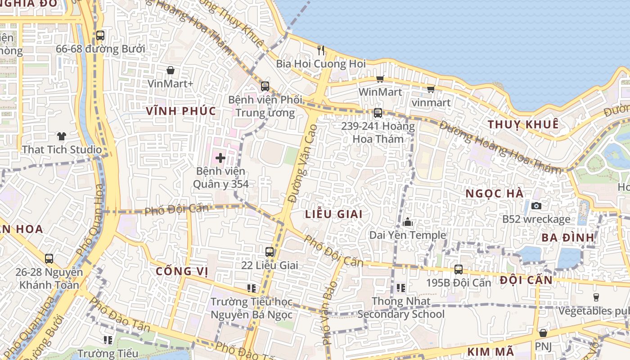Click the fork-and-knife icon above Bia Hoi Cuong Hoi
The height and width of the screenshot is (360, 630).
tap(320, 50)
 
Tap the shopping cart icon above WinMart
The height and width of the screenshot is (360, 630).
tap(380, 79)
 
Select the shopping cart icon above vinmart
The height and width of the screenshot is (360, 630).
tap(431, 89)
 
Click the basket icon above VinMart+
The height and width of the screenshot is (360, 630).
tap(171, 70)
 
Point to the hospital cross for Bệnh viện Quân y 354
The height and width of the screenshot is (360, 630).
tap(220, 158)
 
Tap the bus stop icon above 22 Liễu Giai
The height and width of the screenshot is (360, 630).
tap(270, 252)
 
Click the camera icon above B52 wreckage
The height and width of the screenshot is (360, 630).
tap(536, 206)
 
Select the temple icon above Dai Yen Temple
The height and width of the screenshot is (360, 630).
tap(408, 222)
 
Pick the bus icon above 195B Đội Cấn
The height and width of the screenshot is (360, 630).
tap(459, 270)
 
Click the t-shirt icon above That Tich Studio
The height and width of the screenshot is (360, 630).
tap(62, 136)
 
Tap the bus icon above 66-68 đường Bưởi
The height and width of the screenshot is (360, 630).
tap(100, 36)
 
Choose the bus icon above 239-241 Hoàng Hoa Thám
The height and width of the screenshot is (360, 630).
tap(378, 113)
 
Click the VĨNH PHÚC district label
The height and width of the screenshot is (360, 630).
tap(181, 111)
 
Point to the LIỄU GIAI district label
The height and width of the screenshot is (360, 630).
tap(334, 214)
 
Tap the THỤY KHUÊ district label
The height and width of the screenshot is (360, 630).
tap(523, 124)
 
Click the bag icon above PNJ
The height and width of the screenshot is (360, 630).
tap(543, 333)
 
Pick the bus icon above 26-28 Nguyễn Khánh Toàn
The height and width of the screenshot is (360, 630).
tap(49, 259)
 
